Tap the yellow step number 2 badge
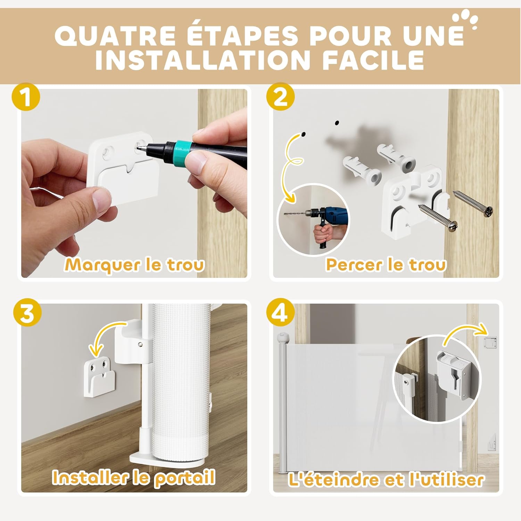(x=280, y=97)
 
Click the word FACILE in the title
(x=373, y=60)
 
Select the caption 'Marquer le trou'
(x=134, y=265)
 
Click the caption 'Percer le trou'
(x=386, y=265)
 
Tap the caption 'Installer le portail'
(x=134, y=478)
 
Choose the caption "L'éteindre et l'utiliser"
(x=386, y=480)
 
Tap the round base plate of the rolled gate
(x=167, y=460)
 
